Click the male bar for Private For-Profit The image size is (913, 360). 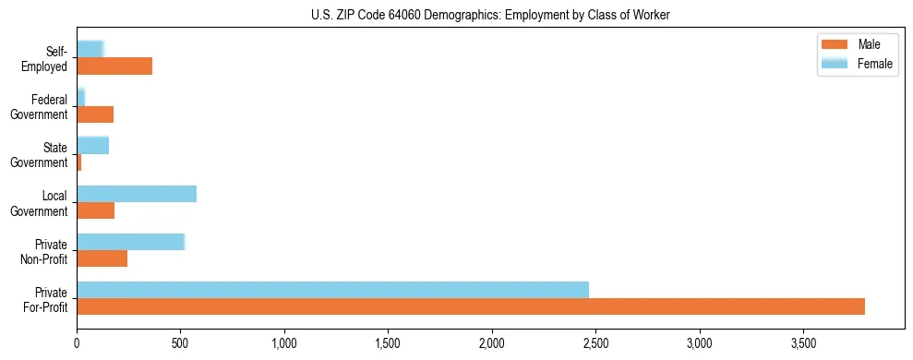coord(471,306)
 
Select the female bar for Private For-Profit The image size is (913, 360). coord(332,289)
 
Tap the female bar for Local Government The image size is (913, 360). coord(137,193)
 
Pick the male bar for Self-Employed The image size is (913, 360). coord(114,66)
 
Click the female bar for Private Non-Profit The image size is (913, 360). coord(131,241)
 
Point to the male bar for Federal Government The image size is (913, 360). coord(95,114)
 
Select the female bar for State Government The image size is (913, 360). coord(92,145)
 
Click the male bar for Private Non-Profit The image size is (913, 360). coord(102,258)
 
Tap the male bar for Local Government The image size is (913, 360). coord(95,210)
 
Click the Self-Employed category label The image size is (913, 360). coord(46,58)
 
